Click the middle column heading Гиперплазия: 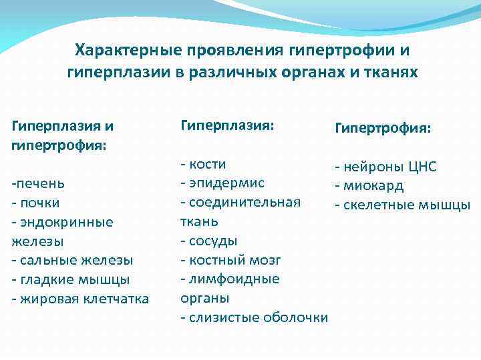click(228, 124)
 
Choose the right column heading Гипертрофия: click(383, 127)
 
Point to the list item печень click(41, 183)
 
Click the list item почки click(40, 202)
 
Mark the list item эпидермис click(226, 183)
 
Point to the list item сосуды click(213, 241)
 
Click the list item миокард click(373, 186)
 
